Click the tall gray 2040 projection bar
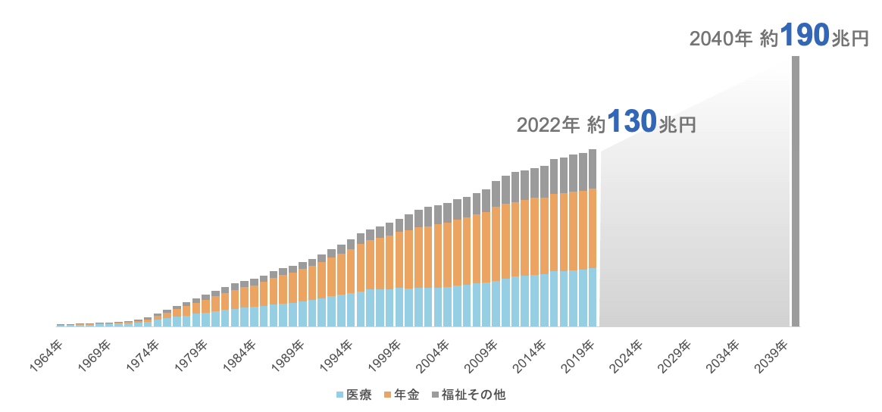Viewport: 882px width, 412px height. (x=796, y=189)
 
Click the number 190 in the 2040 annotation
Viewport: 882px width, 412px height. (x=804, y=36)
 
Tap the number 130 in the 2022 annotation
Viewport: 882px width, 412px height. (x=631, y=121)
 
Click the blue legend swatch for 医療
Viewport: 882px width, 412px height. (x=339, y=395)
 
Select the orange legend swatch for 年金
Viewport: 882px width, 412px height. (x=388, y=395)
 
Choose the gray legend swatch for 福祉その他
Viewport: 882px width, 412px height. (x=435, y=395)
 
